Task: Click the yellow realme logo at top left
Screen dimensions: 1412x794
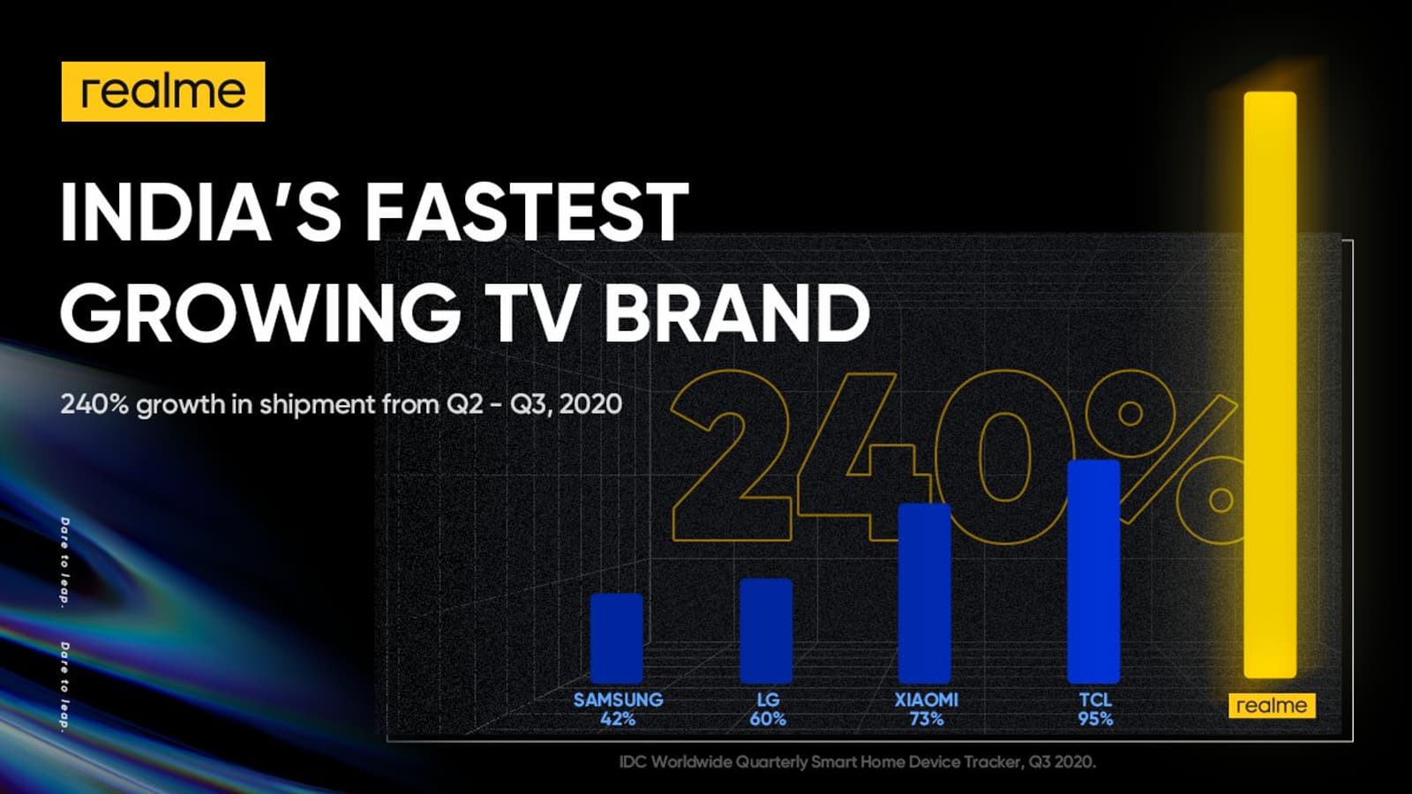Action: click(163, 92)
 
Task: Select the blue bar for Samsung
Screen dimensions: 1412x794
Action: click(617, 639)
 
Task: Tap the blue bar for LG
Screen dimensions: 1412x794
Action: click(766, 631)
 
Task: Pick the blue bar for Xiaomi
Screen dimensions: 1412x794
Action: click(924, 593)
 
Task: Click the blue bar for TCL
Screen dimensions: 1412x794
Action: click(1093, 572)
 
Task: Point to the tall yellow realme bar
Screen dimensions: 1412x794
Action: click(1270, 385)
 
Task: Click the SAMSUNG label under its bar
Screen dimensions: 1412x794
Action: click(619, 700)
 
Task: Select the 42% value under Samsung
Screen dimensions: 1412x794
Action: click(618, 719)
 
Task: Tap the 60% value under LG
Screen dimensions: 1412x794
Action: click(768, 719)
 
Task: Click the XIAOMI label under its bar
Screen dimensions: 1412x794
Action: click(926, 700)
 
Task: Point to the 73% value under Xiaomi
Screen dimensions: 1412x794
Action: click(926, 719)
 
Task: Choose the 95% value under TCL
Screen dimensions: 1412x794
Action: click(1095, 719)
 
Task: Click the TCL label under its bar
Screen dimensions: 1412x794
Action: click(1095, 700)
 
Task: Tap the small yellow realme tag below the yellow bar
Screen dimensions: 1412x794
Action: click(1272, 705)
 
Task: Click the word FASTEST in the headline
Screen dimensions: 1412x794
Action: click(527, 212)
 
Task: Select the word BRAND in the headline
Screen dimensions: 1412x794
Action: click(737, 312)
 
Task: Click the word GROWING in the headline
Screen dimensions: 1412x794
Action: click(260, 312)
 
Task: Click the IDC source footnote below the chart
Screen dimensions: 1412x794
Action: click(857, 762)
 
